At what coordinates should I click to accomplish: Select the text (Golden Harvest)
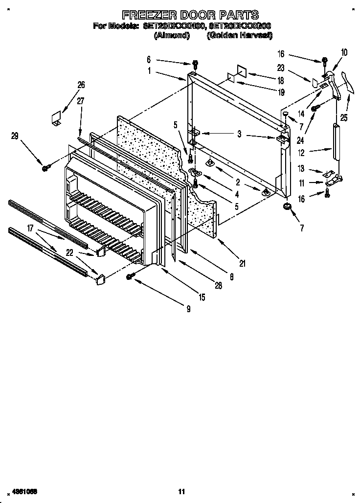(x=239, y=36)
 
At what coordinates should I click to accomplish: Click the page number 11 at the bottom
(x=181, y=491)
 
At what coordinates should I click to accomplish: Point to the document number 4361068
(x=21, y=491)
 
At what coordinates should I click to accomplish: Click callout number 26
(x=81, y=84)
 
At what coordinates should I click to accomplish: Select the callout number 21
(x=243, y=264)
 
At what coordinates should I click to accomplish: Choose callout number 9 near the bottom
(x=188, y=309)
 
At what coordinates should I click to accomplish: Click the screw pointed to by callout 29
(x=45, y=168)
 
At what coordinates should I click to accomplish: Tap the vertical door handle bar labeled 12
(x=336, y=141)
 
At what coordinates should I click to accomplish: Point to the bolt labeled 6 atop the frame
(x=195, y=64)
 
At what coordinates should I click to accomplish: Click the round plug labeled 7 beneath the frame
(x=287, y=208)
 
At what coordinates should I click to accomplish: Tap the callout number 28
(x=218, y=286)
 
